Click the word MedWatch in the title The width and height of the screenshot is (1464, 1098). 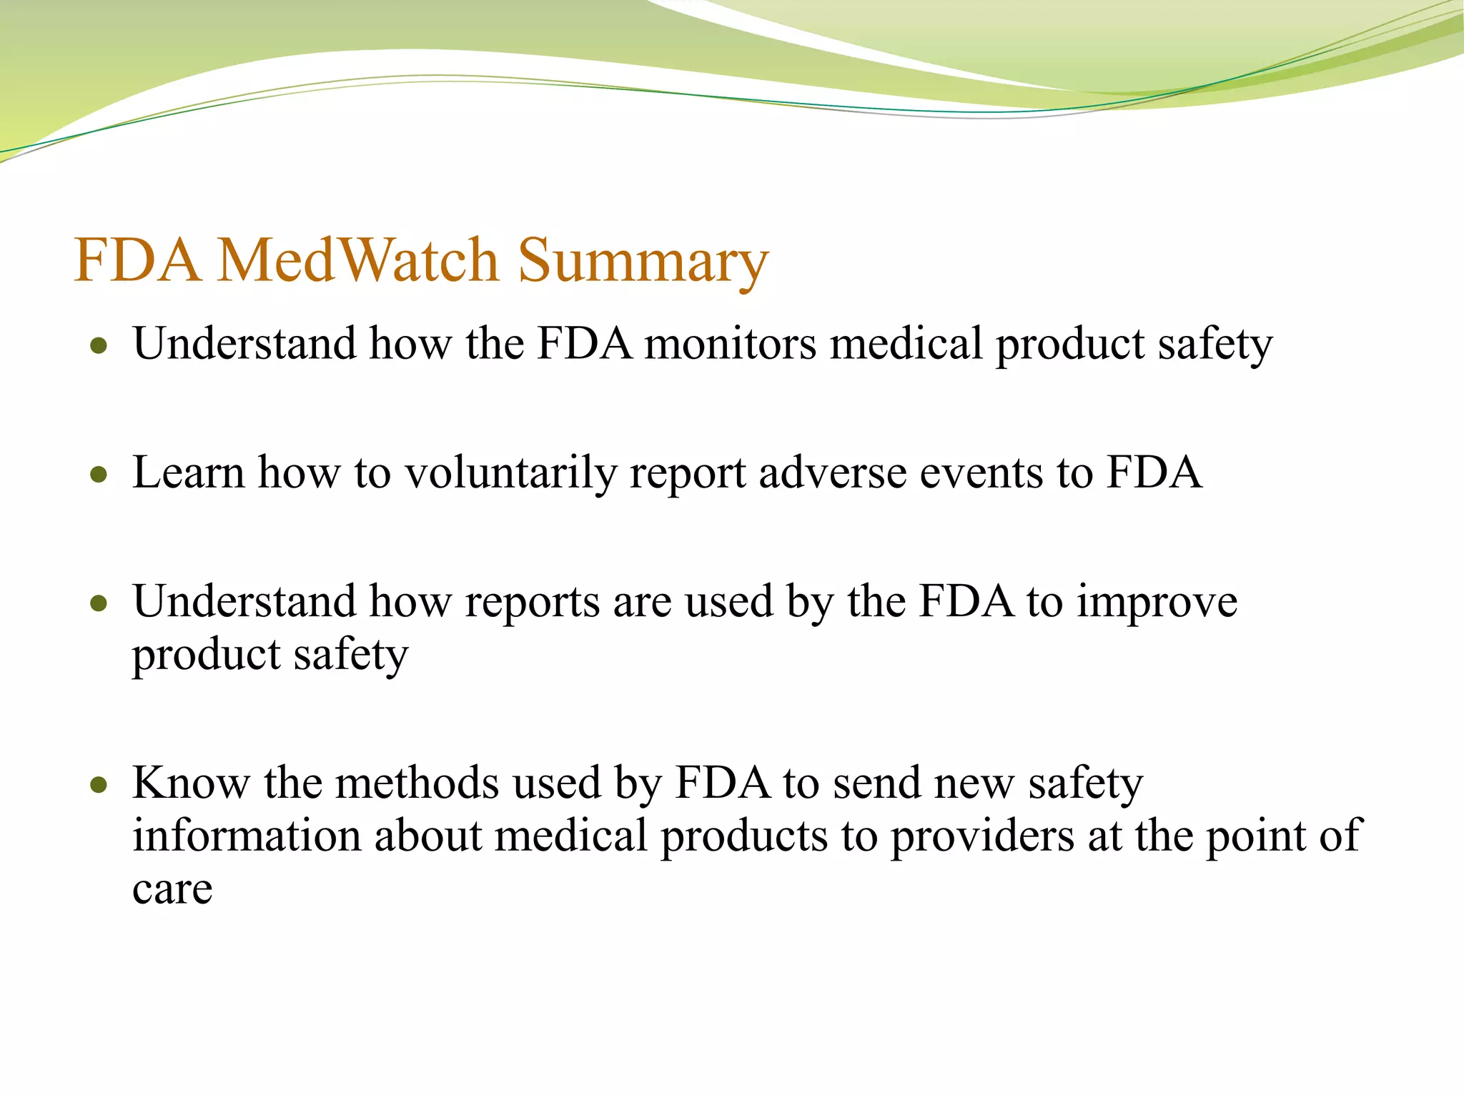pos(357,260)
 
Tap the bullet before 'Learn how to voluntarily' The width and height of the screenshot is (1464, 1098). pos(99,475)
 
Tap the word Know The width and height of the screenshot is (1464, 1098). pos(191,783)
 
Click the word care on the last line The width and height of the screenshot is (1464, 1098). pos(172,890)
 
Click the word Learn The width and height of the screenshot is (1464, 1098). pos(189,473)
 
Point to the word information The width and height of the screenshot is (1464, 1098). pos(247,836)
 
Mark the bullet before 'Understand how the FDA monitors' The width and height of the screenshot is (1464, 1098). pos(99,347)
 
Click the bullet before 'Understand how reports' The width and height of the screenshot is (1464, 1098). pos(99,604)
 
